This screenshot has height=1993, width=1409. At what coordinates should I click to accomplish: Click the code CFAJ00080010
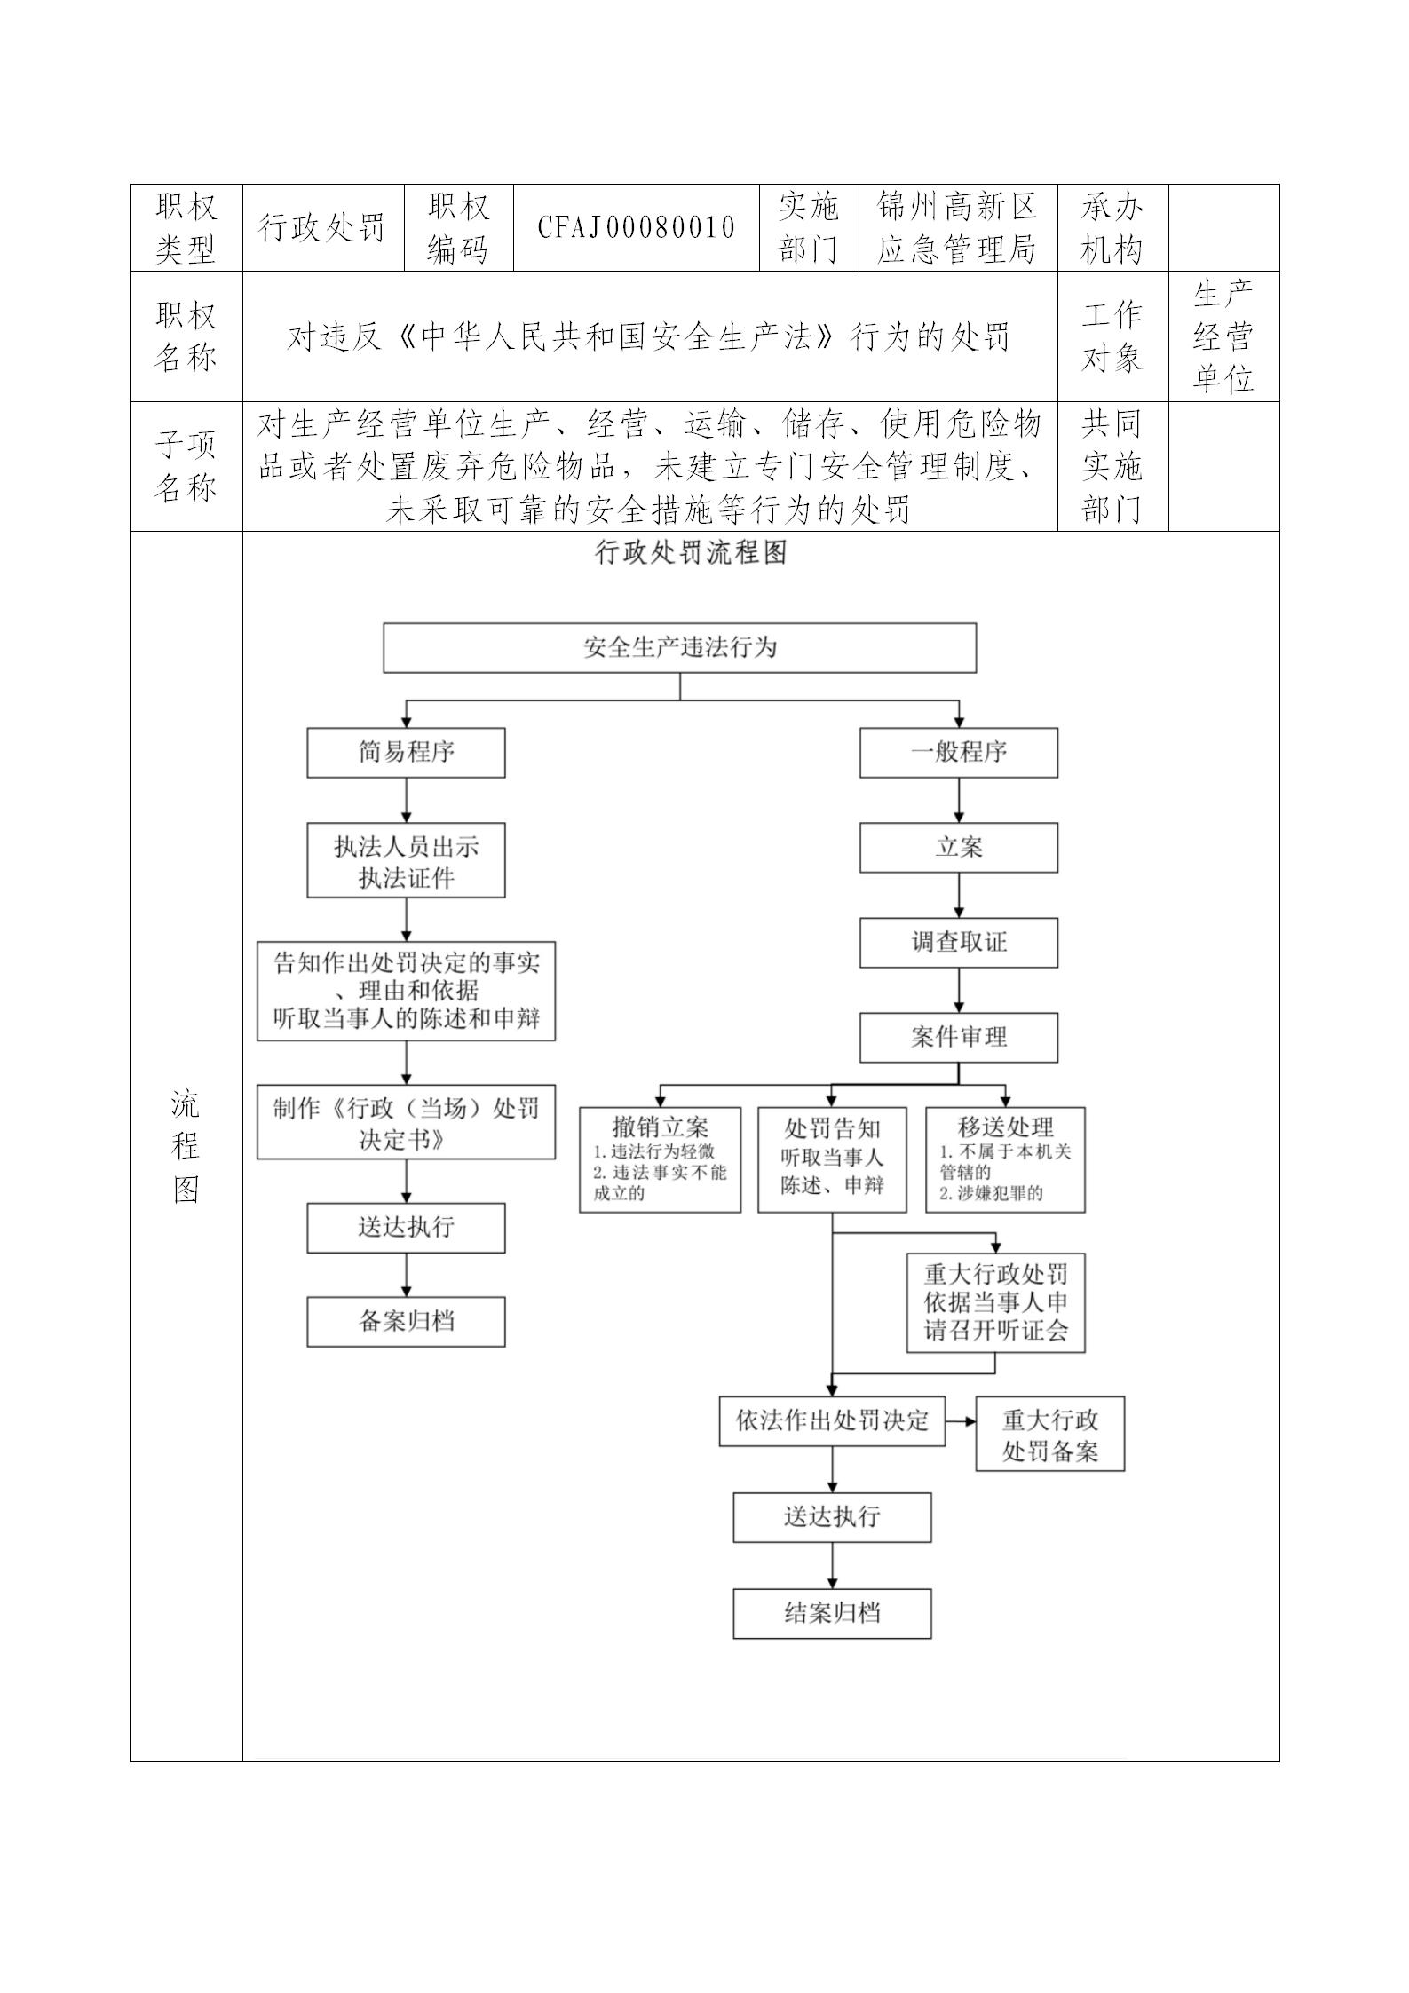point(637,227)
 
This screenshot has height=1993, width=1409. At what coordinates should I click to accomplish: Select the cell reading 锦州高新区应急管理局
point(957,227)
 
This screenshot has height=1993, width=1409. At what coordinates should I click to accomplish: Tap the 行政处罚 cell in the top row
point(322,227)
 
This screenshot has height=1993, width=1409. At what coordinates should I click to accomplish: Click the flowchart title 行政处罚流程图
point(691,553)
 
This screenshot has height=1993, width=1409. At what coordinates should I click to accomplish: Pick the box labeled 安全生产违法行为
point(679,647)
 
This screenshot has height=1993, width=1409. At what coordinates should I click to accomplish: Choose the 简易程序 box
point(406,753)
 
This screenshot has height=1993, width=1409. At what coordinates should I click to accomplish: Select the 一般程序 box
point(958,753)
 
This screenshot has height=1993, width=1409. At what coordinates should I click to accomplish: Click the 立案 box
point(958,847)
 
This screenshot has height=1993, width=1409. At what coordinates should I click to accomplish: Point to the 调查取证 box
point(958,942)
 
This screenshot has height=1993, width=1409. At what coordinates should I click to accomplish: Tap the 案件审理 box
point(958,1037)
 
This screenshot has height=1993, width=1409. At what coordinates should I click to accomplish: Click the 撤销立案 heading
point(660,1127)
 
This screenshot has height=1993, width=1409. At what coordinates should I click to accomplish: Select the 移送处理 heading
point(1005,1127)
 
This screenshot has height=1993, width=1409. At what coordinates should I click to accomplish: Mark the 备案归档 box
point(406,1321)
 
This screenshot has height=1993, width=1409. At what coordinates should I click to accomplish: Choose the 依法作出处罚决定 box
point(832,1420)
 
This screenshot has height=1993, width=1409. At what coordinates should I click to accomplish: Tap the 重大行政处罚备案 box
point(1049,1434)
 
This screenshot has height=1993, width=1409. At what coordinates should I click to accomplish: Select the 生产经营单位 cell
point(1223,336)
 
